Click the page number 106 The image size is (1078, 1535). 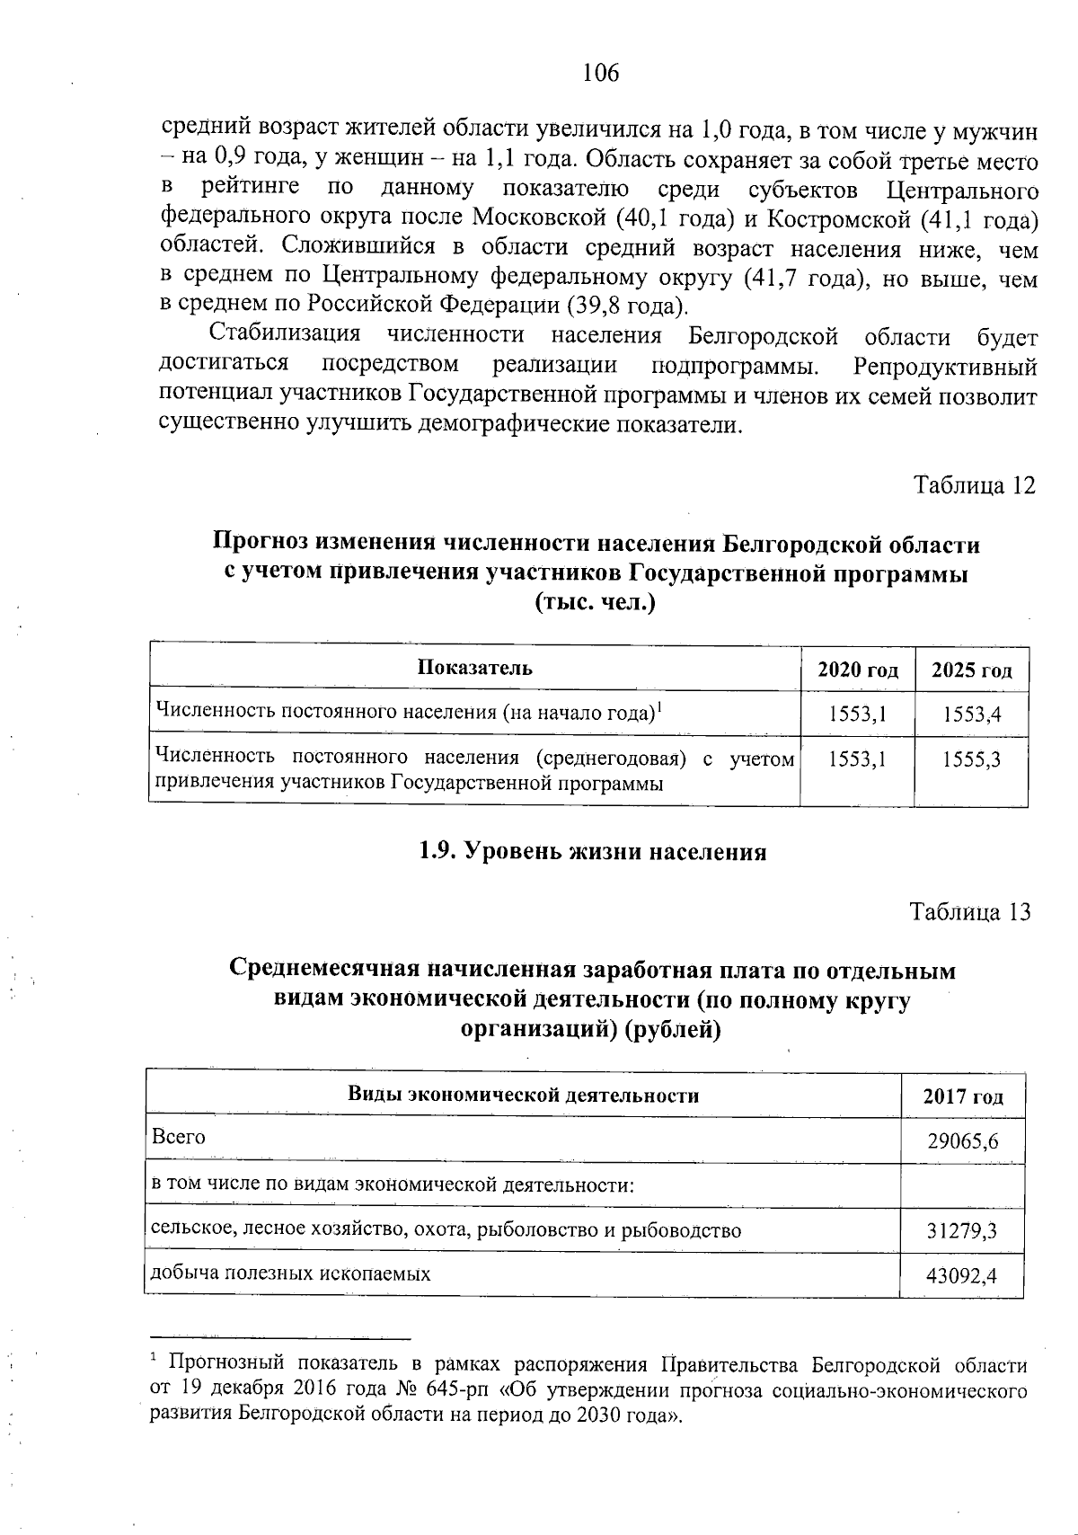pos(600,73)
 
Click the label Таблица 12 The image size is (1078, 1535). pos(974,485)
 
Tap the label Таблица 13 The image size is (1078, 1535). pos(970,911)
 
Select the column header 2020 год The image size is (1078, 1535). pos(857,670)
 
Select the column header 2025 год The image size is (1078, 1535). pos(971,670)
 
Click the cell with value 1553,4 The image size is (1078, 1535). pos(971,715)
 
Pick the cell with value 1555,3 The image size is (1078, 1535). pos(971,760)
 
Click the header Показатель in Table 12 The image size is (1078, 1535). pos(474,668)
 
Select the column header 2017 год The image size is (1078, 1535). pos(963,1097)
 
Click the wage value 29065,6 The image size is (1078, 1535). pos(963,1142)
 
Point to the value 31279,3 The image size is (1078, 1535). pos(963,1231)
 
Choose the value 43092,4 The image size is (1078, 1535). pos(963,1276)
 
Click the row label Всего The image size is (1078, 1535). pos(179,1137)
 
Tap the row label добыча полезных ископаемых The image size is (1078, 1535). pos(290,1273)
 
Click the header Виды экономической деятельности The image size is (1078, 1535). pos(523,1096)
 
